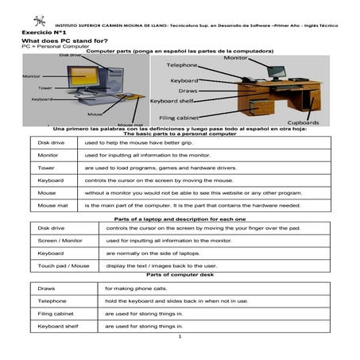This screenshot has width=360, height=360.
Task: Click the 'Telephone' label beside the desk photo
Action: point(182,64)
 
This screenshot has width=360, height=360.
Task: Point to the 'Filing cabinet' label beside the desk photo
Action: point(172,118)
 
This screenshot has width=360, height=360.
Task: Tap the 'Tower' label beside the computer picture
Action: point(45,87)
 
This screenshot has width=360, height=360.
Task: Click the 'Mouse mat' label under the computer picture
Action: point(129,125)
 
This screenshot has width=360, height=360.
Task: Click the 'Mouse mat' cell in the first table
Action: point(52,205)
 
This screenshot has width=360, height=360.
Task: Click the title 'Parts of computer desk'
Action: point(180,274)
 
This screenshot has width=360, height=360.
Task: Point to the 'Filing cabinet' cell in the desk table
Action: point(55,313)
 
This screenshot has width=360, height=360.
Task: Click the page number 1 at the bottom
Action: point(180,337)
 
